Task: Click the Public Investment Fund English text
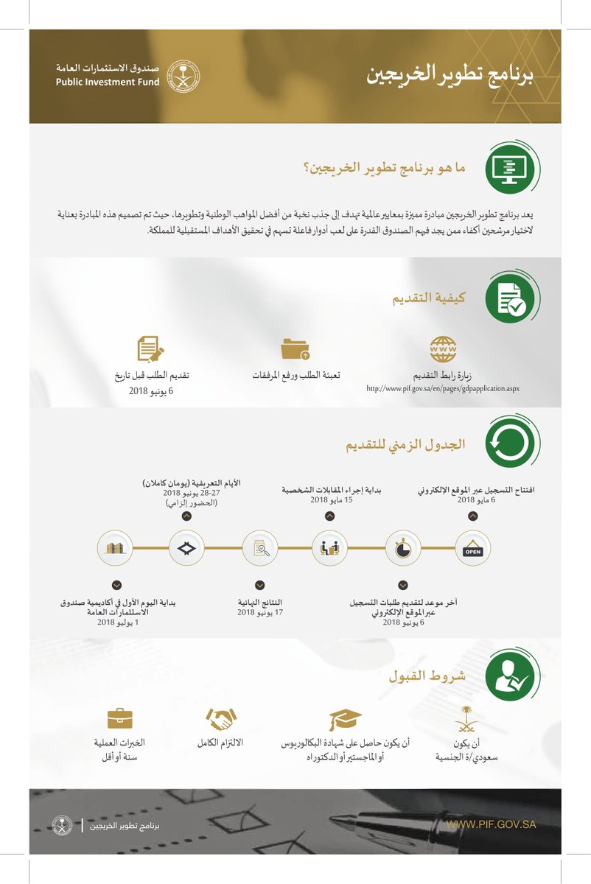[x=107, y=82]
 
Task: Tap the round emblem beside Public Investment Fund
[x=181, y=76]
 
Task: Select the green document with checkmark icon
[x=510, y=298]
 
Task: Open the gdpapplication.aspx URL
[x=443, y=387]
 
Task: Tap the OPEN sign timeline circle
[x=472, y=548]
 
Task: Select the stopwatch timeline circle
[x=402, y=548]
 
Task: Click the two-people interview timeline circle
[x=329, y=548]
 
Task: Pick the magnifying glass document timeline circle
[x=260, y=548]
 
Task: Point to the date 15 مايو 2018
[x=329, y=499]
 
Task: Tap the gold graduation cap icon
[x=345, y=719]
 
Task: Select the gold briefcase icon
[x=119, y=718]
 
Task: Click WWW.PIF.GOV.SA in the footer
[x=491, y=824]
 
